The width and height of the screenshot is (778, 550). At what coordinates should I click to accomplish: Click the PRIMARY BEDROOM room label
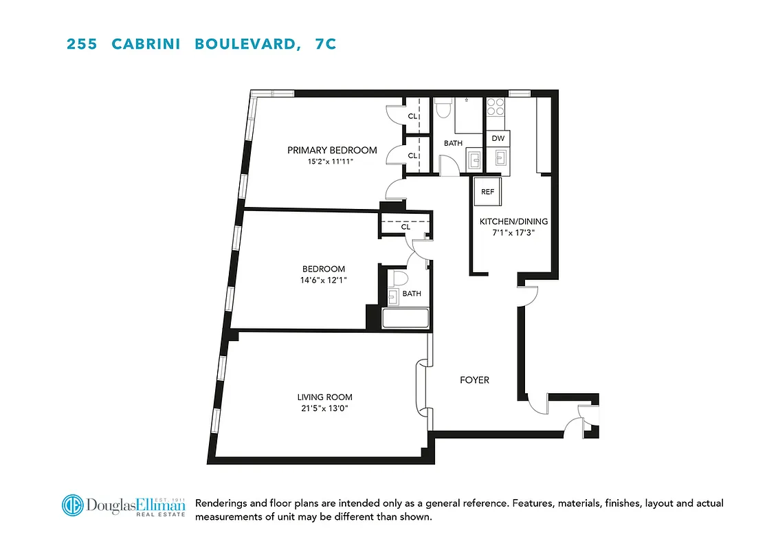332,150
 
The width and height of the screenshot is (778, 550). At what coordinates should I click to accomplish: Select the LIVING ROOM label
324,397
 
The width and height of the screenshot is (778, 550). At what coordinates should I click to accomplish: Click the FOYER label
474,380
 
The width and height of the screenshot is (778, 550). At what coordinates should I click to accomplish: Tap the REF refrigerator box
487,192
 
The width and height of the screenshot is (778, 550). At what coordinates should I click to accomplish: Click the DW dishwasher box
498,138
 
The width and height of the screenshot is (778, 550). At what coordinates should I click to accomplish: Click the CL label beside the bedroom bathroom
405,226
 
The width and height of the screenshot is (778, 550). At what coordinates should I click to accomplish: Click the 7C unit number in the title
325,44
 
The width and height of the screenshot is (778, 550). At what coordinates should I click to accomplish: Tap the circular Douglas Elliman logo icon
72,505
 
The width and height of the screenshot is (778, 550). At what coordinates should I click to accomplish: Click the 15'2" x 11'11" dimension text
332,162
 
